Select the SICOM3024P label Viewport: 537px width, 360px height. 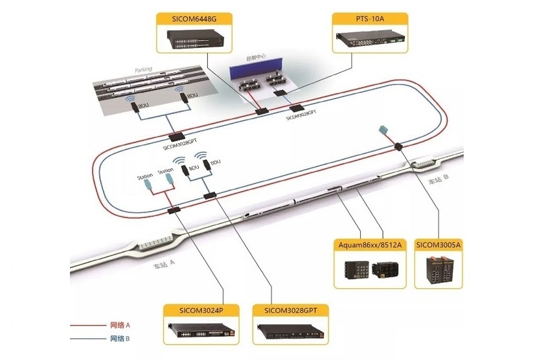[x=201, y=309]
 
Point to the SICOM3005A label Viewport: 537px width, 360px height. [x=438, y=244]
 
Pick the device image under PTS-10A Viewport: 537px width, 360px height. [x=370, y=40]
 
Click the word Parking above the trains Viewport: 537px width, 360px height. [x=143, y=69]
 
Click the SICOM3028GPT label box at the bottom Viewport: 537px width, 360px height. [x=290, y=309]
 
